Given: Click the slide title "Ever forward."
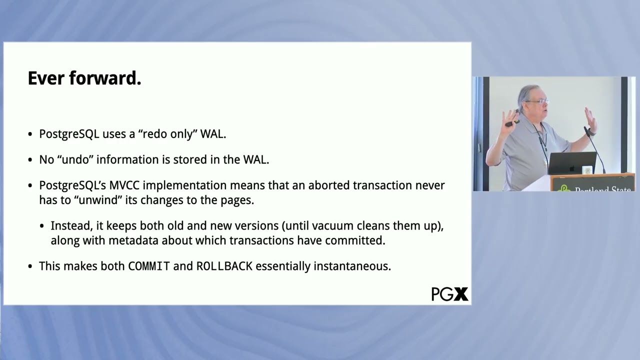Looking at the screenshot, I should coord(84,78).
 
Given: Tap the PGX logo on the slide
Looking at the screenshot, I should coord(449,294).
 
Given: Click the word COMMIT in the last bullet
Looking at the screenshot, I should coord(149,266).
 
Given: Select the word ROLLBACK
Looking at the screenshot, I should coord(224,266).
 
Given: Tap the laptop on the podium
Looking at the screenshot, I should coord(572,163).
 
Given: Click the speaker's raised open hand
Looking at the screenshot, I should coord(590,120).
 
